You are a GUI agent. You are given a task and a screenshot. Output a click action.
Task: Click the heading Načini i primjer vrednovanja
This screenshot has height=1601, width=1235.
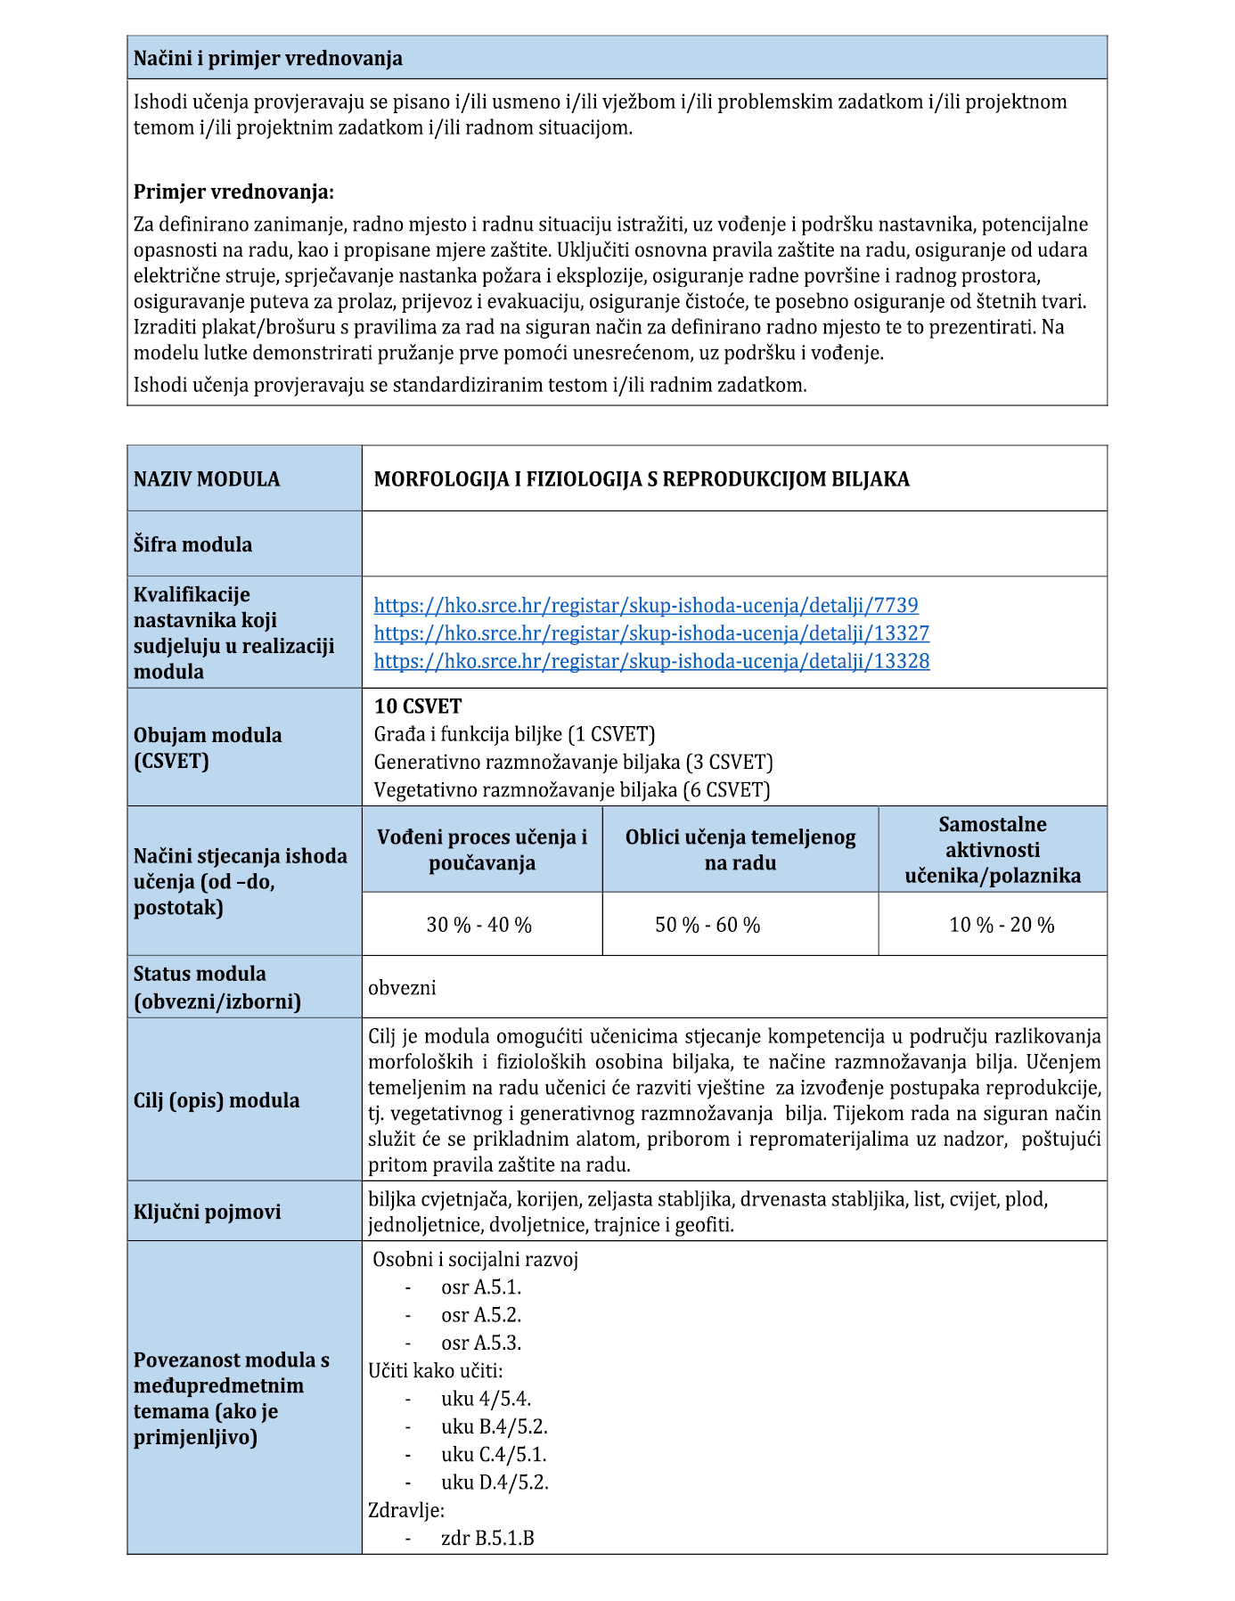click(x=267, y=59)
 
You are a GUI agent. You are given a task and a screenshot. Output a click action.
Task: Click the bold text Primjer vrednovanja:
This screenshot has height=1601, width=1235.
click(x=233, y=192)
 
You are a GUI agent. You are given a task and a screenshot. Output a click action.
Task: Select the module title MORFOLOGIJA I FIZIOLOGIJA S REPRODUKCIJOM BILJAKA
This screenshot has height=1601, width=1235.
click(x=642, y=479)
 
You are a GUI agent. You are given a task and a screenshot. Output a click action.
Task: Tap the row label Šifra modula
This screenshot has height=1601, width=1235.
click(x=192, y=544)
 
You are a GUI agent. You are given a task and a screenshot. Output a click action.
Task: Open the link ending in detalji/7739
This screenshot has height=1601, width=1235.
click(x=646, y=606)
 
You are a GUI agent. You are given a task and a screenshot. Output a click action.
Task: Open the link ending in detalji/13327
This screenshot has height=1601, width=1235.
click(x=651, y=633)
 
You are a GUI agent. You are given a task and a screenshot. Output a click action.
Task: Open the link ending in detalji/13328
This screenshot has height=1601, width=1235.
click(x=651, y=661)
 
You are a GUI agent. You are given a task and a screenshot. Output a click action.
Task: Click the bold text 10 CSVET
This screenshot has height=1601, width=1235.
click(x=418, y=707)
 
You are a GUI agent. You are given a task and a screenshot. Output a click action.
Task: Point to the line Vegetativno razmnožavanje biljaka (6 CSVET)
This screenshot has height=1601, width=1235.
click(x=572, y=789)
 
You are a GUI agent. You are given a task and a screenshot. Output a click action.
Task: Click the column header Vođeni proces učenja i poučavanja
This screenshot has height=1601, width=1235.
click(x=482, y=850)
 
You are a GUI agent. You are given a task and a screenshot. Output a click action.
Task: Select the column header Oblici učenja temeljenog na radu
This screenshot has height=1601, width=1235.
click(x=740, y=850)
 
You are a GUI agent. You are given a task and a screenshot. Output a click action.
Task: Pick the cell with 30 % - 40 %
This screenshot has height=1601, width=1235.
click(x=478, y=926)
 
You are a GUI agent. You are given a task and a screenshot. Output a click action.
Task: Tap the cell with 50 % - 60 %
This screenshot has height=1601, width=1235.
click(x=707, y=926)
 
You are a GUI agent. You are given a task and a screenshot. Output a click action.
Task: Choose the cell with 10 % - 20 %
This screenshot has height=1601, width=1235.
click(x=1002, y=926)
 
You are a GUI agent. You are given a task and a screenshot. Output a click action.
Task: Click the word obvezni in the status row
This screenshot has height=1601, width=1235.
click(x=402, y=988)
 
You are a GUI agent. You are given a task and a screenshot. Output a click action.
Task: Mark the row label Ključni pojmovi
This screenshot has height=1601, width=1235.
click(x=207, y=1212)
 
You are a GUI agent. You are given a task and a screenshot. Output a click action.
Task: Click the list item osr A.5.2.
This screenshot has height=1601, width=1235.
click(x=481, y=1315)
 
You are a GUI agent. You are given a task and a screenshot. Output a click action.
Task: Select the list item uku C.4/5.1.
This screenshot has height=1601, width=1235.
click(x=494, y=1455)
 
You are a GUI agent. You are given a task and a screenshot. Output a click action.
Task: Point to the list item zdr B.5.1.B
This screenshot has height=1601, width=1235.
click(x=487, y=1539)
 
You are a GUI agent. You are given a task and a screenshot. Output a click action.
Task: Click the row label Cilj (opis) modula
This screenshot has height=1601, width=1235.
click(x=217, y=1100)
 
